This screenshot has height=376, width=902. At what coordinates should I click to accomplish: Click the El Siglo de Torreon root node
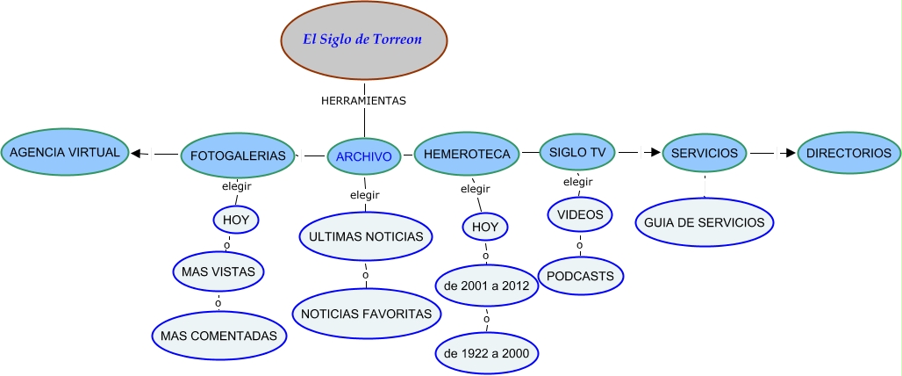pos(363,40)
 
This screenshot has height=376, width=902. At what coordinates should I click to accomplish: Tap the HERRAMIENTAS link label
pos(363,101)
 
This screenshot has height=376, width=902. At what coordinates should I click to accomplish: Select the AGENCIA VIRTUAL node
pos(65,153)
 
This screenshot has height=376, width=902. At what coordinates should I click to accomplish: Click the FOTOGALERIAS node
pos(238,155)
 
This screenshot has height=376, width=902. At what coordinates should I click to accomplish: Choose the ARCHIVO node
pos(364,156)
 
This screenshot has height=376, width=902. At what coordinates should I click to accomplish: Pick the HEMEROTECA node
pos(467,154)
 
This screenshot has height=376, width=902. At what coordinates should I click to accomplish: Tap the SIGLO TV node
pos(577,153)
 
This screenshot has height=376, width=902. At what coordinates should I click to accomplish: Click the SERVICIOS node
pos(705,154)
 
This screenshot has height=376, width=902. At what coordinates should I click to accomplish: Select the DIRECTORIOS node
pos(848,154)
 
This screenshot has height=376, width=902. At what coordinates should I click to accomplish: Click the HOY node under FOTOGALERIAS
pos(235,220)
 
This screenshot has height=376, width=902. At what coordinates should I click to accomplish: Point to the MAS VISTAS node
pos(218,271)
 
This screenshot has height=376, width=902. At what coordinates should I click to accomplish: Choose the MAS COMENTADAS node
pos(218,336)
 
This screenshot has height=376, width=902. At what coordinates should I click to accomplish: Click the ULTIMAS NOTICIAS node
pos(367,236)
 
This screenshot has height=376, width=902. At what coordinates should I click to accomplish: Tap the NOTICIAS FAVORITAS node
pos(366,314)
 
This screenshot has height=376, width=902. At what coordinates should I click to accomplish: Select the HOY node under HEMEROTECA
pos(485,227)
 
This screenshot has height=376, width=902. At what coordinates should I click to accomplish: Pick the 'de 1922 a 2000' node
pos(487,353)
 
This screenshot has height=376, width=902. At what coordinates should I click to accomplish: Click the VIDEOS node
pos(579,213)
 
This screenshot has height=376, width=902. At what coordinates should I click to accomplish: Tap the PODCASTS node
pos(581,276)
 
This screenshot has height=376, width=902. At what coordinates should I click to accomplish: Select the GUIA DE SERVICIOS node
pos(705,222)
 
